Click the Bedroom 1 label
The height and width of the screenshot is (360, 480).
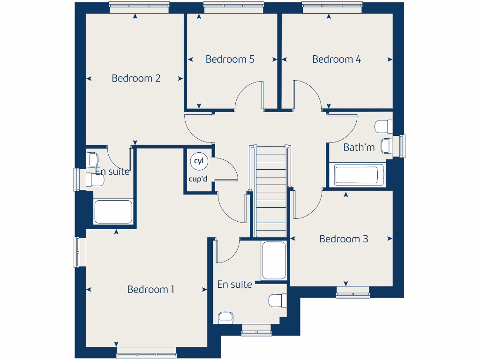150,289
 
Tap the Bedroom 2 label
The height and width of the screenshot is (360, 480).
136,78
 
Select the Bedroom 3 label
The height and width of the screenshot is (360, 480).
344,239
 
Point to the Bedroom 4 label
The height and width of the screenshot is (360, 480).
337,60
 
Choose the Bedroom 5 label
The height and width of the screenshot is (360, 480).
230,60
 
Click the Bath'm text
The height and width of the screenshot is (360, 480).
359,147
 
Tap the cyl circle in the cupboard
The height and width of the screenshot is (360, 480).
198,161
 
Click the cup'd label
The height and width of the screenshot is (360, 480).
198,179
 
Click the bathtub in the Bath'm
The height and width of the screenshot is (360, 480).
359,175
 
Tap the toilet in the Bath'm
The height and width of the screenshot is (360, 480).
383,127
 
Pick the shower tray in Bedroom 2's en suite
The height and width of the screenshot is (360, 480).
113,212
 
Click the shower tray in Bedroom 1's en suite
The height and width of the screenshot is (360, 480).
274,261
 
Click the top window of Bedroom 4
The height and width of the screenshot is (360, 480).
332,6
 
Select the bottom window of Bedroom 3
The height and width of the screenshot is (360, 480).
352,295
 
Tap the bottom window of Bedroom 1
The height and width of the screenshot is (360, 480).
146,352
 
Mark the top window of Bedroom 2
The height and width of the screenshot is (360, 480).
139,6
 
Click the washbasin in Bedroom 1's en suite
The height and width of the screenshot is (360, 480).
225,317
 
